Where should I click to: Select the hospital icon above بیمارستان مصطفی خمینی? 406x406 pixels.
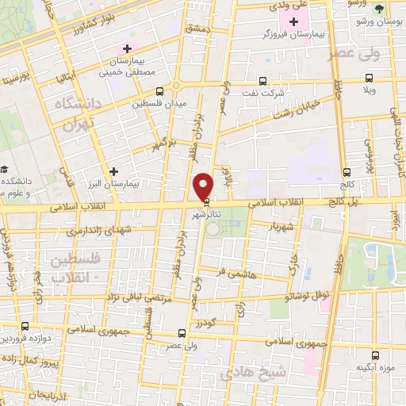pos(127,50)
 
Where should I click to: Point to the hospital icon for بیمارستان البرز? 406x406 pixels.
pos(115,171)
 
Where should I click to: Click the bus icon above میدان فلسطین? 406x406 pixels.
pos(160,91)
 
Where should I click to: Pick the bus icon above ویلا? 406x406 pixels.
pos(369,79)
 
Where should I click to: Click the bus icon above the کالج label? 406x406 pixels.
pos(347,172)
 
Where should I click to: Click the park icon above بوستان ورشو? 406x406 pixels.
pos(379,9)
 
